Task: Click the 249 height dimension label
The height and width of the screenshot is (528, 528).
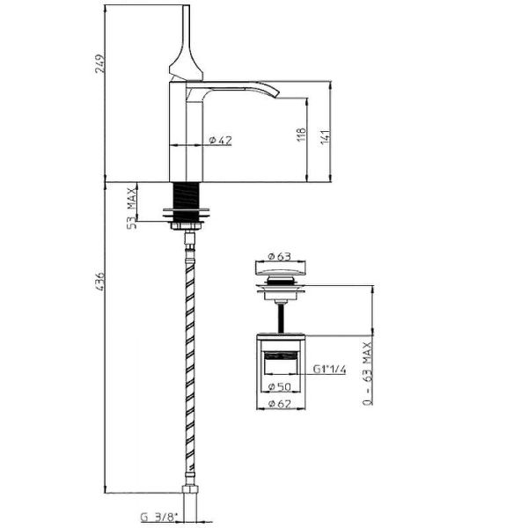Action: coord(100,63)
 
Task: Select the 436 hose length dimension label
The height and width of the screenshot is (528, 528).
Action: coord(100,282)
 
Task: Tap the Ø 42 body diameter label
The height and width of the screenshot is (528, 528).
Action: coord(221,140)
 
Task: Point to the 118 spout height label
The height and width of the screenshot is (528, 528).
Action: coord(302,135)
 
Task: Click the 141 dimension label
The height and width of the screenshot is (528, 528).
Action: coord(326,136)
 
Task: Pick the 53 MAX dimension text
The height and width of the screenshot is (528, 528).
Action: coord(132,208)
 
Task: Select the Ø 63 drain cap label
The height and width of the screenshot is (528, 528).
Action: coord(279,256)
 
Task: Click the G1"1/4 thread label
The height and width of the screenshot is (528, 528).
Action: coord(329,370)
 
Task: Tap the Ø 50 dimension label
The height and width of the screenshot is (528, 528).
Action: coord(280,387)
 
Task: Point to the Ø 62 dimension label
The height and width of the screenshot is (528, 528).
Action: coord(280,403)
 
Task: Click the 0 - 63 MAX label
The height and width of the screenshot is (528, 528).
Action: coord(367,373)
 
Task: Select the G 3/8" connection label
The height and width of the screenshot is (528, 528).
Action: coord(158,517)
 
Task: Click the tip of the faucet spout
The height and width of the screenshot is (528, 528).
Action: coord(277,95)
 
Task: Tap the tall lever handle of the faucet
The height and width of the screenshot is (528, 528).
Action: coord(186,43)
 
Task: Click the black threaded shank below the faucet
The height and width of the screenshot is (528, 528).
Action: coord(187,195)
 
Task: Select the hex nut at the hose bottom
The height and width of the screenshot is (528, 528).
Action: coord(191,489)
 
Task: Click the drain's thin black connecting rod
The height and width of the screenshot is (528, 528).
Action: coord(281,319)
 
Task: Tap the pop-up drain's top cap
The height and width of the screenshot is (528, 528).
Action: coord(281,268)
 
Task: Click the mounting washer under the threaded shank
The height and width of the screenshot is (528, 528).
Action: coord(187,213)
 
